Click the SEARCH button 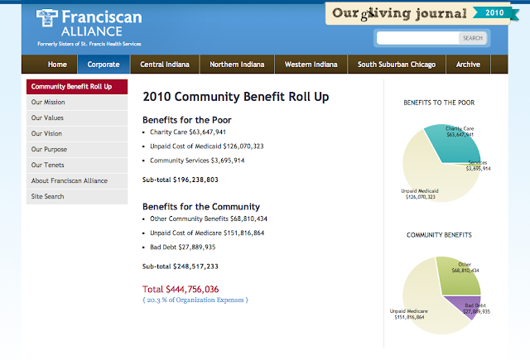coord(473,38)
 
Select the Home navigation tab coord(57,65)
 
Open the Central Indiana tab coord(165,65)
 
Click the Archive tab coord(468,65)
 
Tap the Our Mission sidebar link coord(49,103)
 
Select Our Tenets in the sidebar coord(48,166)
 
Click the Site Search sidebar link coord(48,197)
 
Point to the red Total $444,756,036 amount coord(181,289)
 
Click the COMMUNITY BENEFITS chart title coord(439,235)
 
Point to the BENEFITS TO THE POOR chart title coord(439,103)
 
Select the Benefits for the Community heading coord(201,206)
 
